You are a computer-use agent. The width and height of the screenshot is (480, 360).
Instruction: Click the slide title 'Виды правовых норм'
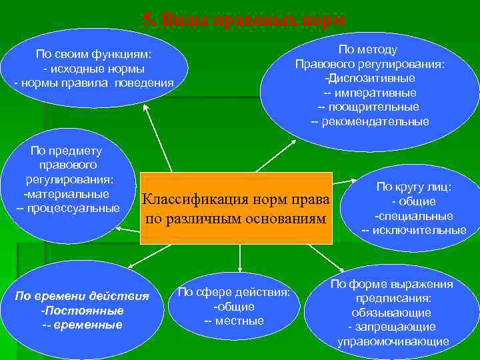tap(245, 21)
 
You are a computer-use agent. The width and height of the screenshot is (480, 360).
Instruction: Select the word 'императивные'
tap(374, 93)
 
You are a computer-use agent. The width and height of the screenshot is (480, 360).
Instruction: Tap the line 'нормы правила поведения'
tap(97, 83)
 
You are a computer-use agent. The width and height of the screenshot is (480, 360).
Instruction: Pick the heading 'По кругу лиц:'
tap(413, 187)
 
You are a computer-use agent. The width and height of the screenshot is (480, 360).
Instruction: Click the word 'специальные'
tap(415, 216)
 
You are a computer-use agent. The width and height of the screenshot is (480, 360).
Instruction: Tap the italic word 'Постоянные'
tap(83, 311)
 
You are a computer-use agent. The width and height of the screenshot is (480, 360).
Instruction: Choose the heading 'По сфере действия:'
tap(234, 292)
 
